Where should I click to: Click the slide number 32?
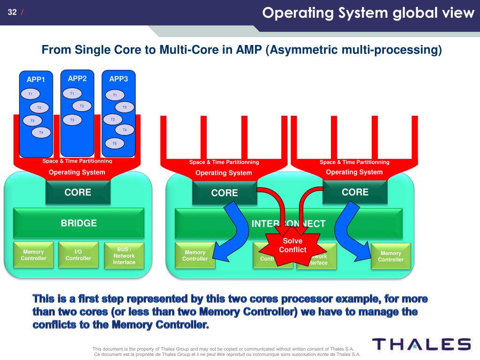(12, 12)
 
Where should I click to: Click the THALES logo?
(421, 344)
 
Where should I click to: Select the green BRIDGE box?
(79, 223)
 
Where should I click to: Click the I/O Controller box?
(78, 255)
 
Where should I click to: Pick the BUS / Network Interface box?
(124, 255)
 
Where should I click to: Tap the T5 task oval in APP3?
(114, 143)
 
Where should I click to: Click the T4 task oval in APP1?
(41, 133)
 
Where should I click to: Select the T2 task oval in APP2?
(82, 106)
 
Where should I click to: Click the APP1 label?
(36, 79)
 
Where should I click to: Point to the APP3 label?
(119, 79)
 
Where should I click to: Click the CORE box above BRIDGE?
(78, 192)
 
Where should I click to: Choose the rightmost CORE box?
(355, 192)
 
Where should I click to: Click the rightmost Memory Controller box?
(390, 256)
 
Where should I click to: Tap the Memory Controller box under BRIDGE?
(33, 255)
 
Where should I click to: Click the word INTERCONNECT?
(288, 224)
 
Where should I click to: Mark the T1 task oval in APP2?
(72, 93)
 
